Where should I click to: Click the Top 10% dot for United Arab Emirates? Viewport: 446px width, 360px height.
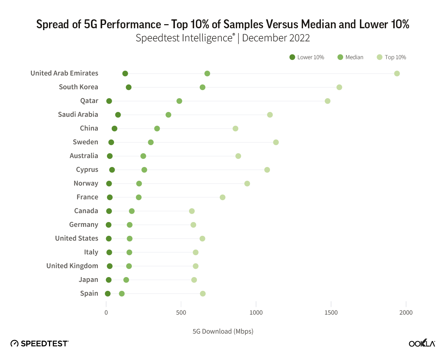(x=397, y=73)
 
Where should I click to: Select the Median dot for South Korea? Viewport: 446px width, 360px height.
(x=202, y=87)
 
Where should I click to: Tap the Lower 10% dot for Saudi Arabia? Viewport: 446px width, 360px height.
(x=118, y=115)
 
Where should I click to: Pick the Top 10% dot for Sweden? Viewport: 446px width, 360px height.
(x=276, y=142)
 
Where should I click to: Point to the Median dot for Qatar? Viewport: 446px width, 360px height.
(x=179, y=101)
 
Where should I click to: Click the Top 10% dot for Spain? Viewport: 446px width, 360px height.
(x=203, y=293)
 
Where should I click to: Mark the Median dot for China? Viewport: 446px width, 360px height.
(x=157, y=128)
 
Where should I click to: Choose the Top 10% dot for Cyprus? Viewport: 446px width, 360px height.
(x=267, y=170)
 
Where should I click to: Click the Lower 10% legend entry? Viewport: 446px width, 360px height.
(x=307, y=57)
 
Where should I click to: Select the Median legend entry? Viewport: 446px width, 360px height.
(x=350, y=57)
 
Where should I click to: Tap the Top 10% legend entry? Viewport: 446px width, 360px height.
(x=391, y=57)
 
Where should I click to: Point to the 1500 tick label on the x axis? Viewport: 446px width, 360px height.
(x=331, y=313)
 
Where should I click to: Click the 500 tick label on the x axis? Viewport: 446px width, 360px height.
(x=181, y=313)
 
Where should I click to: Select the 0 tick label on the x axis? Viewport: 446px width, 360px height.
(x=106, y=313)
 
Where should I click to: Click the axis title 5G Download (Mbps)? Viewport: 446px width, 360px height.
(x=223, y=331)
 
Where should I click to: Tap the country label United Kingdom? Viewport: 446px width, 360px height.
(x=72, y=266)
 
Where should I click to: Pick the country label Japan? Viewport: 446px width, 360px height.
(x=88, y=280)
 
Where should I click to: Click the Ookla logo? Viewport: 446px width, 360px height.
(x=422, y=343)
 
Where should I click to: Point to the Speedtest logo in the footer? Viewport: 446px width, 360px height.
(x=39, y=343)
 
